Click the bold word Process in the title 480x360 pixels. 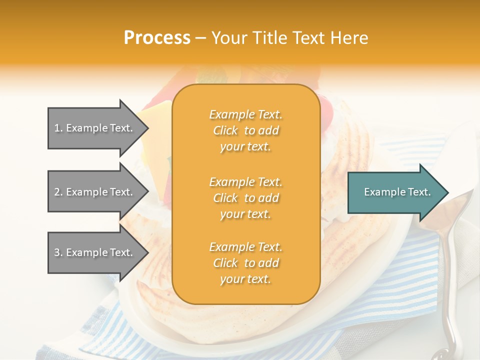[x=157, y=38]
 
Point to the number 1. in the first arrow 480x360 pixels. [x=58, y=128]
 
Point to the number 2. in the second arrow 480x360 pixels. [x=58, y=192]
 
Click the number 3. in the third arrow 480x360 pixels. [x=58, y=253]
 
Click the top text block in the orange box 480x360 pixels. [x=245, y=130]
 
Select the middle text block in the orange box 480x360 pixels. [x=245, y=198]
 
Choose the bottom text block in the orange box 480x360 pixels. [x=245, y=263]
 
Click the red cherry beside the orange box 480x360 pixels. [x=326, y=107]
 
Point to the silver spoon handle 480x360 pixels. [x=452, y=280]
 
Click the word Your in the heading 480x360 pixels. [x=229, y=38]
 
